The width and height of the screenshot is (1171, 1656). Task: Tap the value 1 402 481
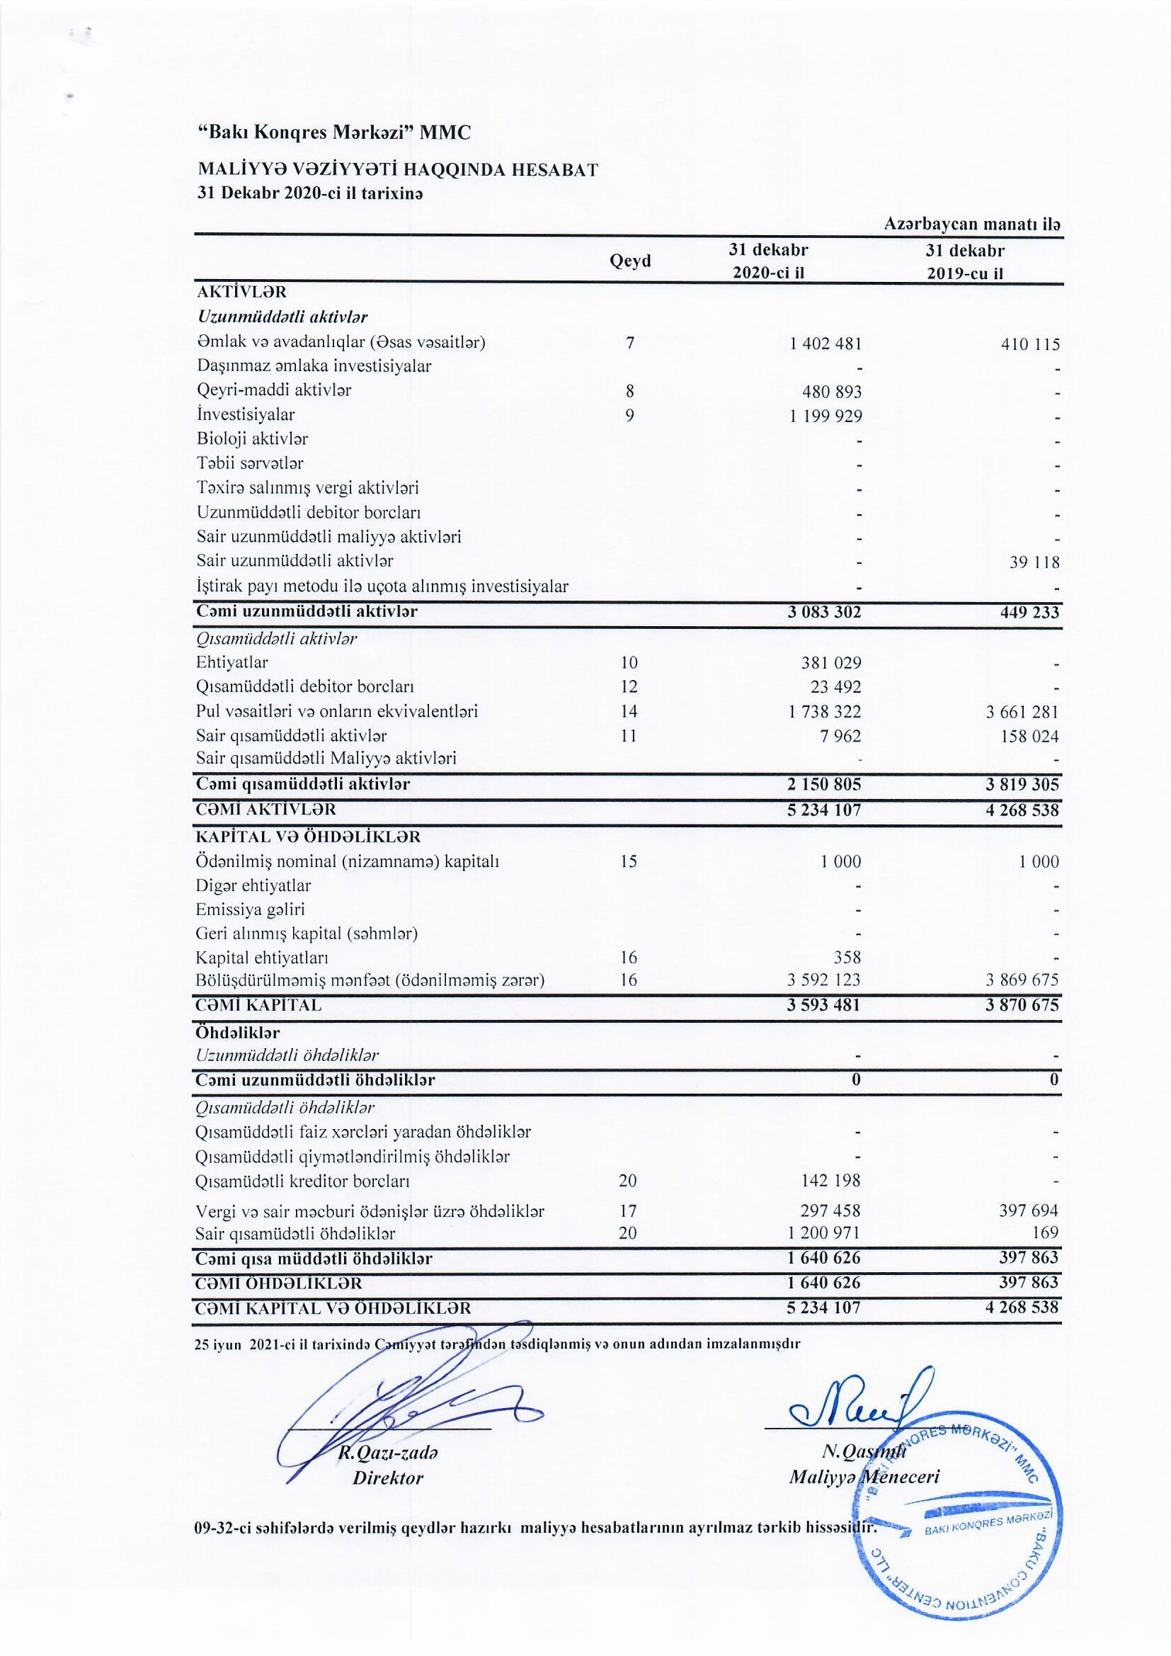click(826, 344)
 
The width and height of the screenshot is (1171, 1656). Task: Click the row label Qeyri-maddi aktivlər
click(274, 390)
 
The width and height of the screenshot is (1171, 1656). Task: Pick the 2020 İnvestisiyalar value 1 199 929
click(826, 416)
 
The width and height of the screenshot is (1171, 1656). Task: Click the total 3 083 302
click(825, 613)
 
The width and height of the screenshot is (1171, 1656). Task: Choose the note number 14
click(629, 712)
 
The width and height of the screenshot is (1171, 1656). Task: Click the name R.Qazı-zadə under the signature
click(389, 1452)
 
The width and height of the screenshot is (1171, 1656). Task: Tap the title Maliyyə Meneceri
click(864, 1477)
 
